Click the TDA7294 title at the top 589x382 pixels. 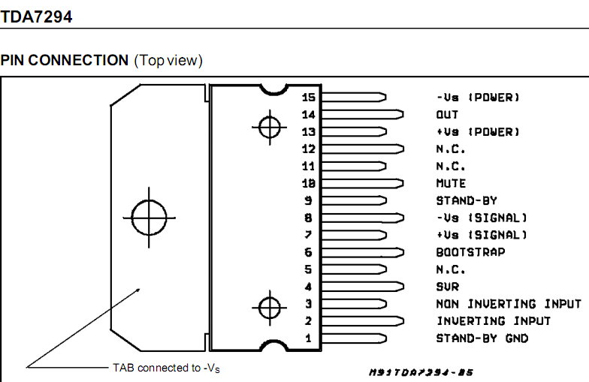36,16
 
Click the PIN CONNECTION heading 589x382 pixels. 65,60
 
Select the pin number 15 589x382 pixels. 309,98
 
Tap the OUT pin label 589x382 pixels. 447,115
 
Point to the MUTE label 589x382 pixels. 451,183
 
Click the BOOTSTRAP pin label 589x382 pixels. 470,252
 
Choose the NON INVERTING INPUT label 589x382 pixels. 508,304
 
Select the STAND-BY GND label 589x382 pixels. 482,338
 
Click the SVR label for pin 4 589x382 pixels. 447,287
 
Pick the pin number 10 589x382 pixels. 309,183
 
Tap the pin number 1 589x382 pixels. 308,338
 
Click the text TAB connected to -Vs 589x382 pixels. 166,368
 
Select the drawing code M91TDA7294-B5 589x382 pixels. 421,372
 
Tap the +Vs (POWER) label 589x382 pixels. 478,132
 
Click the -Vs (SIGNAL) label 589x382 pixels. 482,218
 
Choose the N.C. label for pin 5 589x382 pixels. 451,269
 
